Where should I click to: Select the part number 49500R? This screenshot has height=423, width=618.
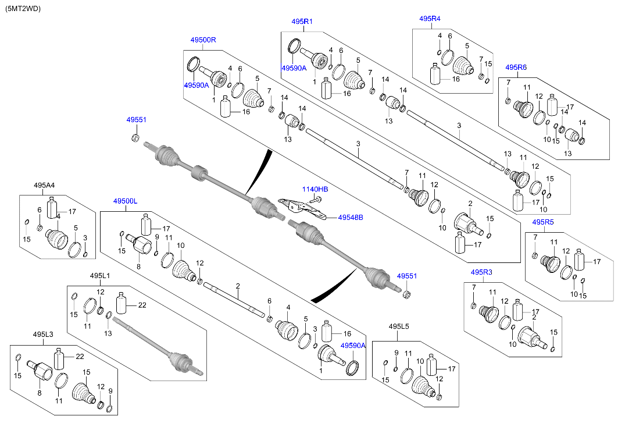(x=203, y=40)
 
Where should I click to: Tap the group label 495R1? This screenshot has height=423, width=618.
(x=302, y=22)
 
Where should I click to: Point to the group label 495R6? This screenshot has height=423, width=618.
(x=516, y=67)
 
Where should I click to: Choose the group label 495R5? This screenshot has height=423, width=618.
(x=543, y=222)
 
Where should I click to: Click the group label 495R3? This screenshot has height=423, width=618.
(x=481, y=272)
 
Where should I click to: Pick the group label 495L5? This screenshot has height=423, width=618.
(x=399, y=326)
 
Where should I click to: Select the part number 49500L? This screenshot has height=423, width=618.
(x=125, y=201)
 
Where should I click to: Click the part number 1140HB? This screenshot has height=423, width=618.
(x=315, y=189)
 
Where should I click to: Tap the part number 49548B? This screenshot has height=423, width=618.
(x=351, y=218)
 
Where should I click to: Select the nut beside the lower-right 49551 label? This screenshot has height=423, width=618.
(x=406, y=293)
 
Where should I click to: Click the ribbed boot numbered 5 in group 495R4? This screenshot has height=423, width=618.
(x=463, y=65)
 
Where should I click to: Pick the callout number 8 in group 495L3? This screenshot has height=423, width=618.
(x=40, y=394)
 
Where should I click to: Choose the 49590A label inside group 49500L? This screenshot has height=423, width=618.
(x=353, y=345)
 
